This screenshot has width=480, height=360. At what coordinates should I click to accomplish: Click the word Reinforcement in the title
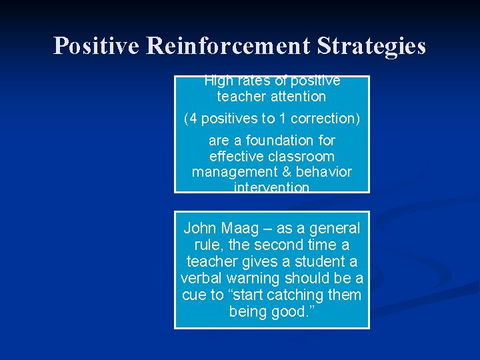coord(229,46)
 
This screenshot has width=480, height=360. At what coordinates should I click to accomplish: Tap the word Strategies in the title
coord(371,46)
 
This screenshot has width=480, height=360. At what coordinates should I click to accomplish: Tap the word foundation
coord(291,141)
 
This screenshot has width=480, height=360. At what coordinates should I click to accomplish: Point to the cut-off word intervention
coord(271,188)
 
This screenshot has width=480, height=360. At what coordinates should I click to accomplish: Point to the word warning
coord(255,278)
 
